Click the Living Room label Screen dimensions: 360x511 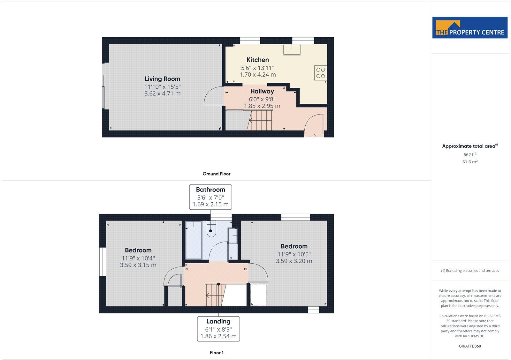pyautogui.click(x=162, y=79)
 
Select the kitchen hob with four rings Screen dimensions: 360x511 pyautogui.click(x=320, y=73)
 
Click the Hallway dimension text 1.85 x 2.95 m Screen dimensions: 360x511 pyautogui.click(x=262, y=106)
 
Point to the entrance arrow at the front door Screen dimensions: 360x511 pyautogui.click(x=314, y=137)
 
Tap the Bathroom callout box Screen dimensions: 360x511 pyautogui.click(x=210, y=197)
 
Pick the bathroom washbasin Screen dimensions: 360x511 pyautogui.click(x=233, y=235)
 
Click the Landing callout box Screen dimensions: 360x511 pyautogui.click(x=218, y=329)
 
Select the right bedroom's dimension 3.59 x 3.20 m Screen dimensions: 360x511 pyautogui.click(x=294, y=261)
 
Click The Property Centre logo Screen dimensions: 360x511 pyautogui.click(x=470, y=28)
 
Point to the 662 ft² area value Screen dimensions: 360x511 pyautogui.click(x=470, y=154)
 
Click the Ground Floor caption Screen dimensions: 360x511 pyautogui.click(x=216, y=174)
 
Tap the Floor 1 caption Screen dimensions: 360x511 pyautogui.click(x=217, y=353)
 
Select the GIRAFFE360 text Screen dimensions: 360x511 pyautogui.click(x=469, y=346)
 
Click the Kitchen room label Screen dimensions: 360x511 pyautogui.click(x=257, y=60)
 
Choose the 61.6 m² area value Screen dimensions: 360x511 pyautogui.click(x=470, y=162)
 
